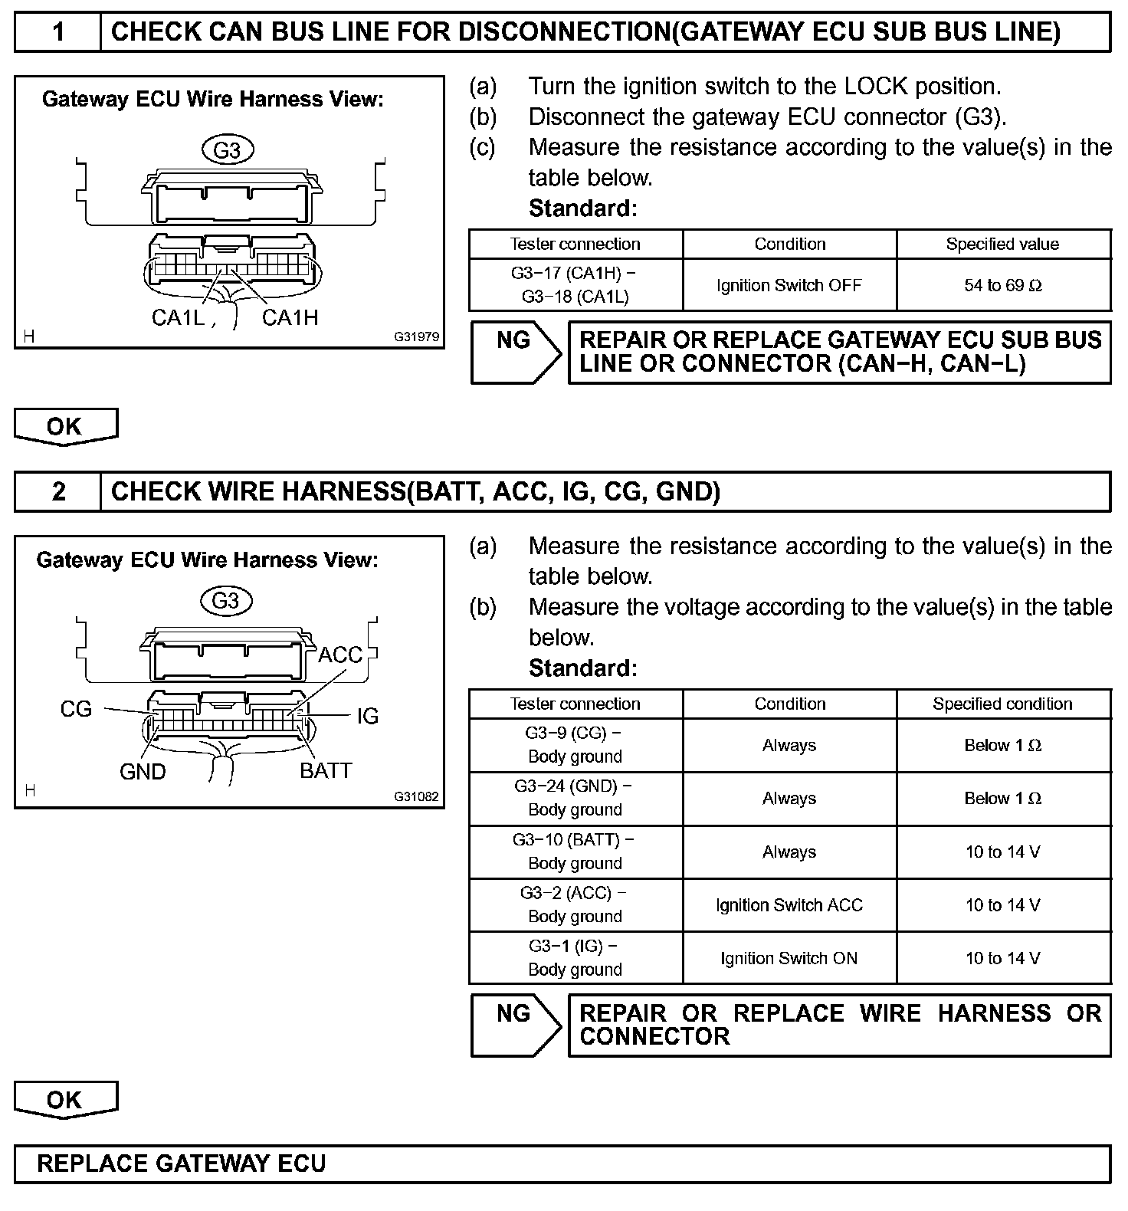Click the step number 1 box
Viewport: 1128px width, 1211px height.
click(58, 32)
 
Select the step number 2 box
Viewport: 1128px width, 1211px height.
click(58, 491)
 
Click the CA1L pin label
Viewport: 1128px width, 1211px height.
click(178, 317)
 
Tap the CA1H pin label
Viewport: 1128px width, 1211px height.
click(290, 317)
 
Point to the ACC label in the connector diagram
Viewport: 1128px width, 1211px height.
click(340, 655)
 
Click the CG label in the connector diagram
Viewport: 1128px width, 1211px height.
click(76, 709)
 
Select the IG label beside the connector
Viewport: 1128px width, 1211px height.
click(368, 716)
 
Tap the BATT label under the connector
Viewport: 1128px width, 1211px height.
click(326, 770)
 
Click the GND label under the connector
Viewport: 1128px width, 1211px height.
click(143, 771)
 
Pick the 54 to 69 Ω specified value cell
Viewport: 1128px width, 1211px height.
click(1003, 285)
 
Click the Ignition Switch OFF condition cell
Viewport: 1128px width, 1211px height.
click(789, 285)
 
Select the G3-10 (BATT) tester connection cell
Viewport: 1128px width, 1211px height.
click(575, 852)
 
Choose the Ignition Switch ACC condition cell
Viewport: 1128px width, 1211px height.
click(789, 905)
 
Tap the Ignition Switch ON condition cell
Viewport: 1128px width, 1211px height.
click(789, 958)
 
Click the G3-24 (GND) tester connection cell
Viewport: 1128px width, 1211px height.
click(575, 798)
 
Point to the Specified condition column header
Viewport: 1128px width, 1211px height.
click(1003, 704)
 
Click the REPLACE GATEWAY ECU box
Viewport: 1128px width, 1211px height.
click(562, 1163)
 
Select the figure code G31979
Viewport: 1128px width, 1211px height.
click(417, 336)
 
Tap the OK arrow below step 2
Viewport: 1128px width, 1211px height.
click(66, 1100)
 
